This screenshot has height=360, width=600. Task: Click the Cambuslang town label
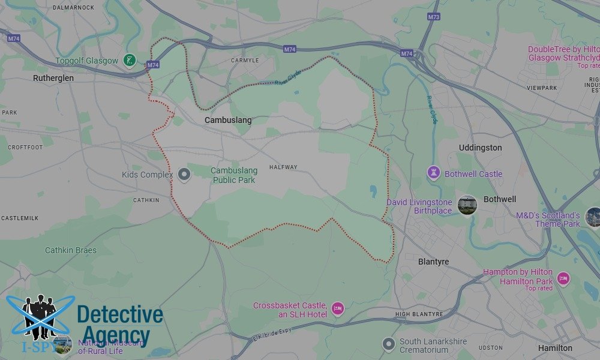[x=228, y=120]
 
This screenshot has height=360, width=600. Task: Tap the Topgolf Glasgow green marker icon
[x=128, y=60]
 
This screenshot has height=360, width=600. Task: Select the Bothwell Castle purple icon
[x=433, y=173]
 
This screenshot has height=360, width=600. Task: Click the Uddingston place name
[x=480, y=148]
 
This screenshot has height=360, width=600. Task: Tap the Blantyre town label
[x=433, y=262]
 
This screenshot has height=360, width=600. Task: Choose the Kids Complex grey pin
[x=184, y=175]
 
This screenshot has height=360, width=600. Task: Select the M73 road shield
[x=433, y=17]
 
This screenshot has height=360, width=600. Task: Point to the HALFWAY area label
[x=283, y=167]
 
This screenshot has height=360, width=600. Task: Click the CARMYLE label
[x=245, y=61]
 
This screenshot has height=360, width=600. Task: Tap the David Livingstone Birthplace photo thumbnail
[x=467, y=205]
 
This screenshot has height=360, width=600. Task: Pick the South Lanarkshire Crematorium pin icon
[x=388, y=344]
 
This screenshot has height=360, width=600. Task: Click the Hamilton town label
[x=555, y=348]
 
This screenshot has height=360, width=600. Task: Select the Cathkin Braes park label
[x=71, y=250]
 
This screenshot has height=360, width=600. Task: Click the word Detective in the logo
[x=120, y=315]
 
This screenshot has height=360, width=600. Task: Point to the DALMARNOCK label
[x=74, y=7]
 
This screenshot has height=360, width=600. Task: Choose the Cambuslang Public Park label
[x=233, y=175]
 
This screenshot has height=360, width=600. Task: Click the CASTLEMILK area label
[x=19, y=218]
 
